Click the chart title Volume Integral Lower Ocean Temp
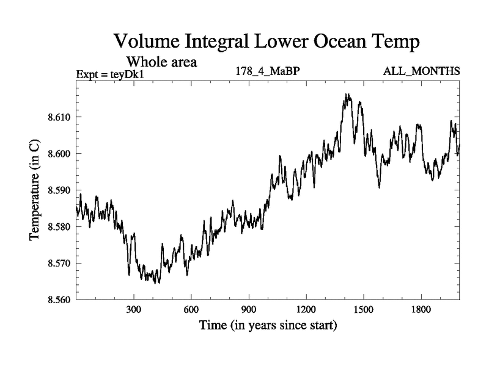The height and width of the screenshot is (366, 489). click(267, 43)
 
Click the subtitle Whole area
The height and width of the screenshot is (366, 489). click(161, 62)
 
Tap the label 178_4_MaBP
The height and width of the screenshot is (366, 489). click(267, 71)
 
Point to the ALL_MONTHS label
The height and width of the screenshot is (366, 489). click(421, 71)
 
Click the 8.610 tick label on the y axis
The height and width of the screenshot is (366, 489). click(59, 117)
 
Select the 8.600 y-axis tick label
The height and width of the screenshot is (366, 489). click(59, 154)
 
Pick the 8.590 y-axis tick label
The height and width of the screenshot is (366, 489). click(59, 190)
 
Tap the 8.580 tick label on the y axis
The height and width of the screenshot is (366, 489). click(59, 227)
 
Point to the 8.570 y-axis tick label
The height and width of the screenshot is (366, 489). click(59, 264)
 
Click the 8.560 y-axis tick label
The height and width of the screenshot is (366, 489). click(59, 300)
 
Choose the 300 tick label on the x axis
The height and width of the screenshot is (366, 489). click(133, 309)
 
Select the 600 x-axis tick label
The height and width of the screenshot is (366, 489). click(191, 309)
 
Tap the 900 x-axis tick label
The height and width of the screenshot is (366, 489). click(248, 309)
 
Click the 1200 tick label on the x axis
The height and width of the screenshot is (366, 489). click(306, 309)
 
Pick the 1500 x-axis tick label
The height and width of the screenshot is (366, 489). click(363, 309)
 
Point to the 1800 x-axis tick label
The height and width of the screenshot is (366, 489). click(421, 309)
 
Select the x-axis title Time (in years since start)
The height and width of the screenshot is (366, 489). click(268, 326)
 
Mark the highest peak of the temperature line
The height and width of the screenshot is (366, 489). click(347, 95)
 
